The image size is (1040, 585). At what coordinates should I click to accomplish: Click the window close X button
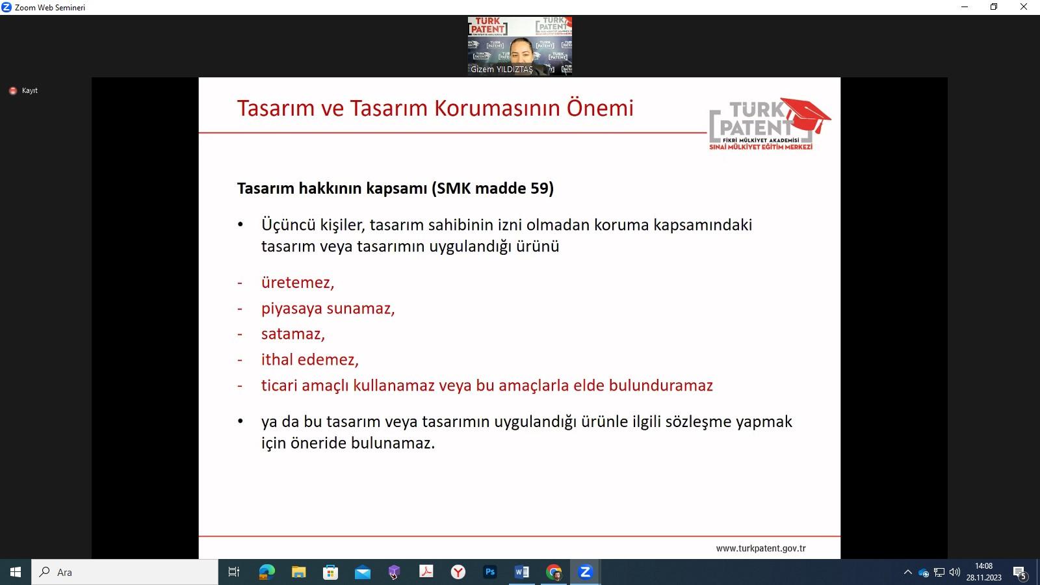[1023, 7]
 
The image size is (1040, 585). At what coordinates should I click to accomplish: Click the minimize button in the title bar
[965, 7]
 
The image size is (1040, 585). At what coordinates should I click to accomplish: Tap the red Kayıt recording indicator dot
[13, 90]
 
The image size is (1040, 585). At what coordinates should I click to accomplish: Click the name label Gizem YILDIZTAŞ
[501, 69]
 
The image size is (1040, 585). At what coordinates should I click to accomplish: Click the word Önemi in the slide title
[600, 108]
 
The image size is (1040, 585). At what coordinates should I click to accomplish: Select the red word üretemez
[298, 282]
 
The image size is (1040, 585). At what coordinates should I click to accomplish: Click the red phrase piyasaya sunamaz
[328, 309]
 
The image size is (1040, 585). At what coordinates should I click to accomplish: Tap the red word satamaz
[293, 334]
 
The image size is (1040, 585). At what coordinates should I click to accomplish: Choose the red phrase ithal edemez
[309, 359]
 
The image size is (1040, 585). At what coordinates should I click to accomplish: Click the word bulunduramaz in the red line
[660, 385]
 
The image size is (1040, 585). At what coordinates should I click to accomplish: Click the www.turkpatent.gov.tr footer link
[761, 549]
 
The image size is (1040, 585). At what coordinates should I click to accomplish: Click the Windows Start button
[16, 572]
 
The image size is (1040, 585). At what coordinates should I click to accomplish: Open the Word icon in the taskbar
[522, 572]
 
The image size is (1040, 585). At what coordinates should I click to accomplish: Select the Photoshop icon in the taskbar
[490, 572]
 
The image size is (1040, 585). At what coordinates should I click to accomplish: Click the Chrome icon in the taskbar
[553, 572]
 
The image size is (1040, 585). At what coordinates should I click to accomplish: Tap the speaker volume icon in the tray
[955, 572]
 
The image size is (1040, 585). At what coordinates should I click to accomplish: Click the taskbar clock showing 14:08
[984, 566]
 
